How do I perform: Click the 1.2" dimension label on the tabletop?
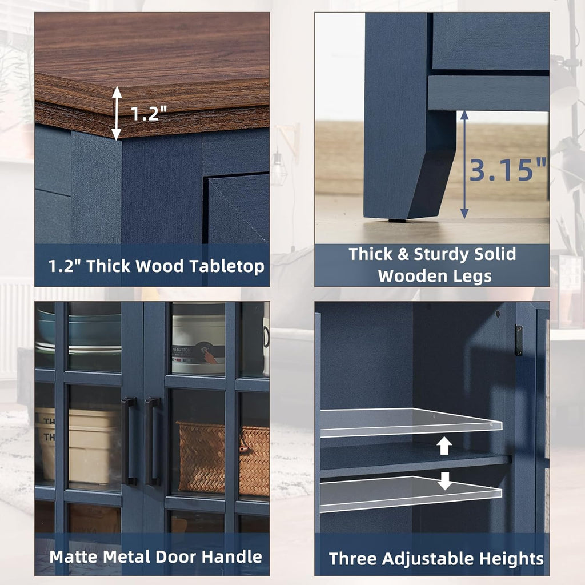[x=149, y=113]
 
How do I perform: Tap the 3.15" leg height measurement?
[x=508, y=170]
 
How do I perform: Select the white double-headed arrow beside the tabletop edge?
[x=117, y=113]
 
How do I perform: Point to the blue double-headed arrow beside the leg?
[x=464, y=164]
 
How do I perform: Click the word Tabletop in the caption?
[x=227, y=266]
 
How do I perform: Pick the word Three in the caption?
[x=353, y=559]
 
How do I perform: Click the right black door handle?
[x=153, y=442]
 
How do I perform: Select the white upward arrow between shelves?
[x=444, y=446]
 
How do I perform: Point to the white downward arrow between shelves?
[x=444, y=481]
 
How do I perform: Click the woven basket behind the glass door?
[x=223, y=458]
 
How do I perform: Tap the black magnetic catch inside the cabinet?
[x=518, y=340]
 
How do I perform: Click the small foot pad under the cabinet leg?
[x=398, y=221]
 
